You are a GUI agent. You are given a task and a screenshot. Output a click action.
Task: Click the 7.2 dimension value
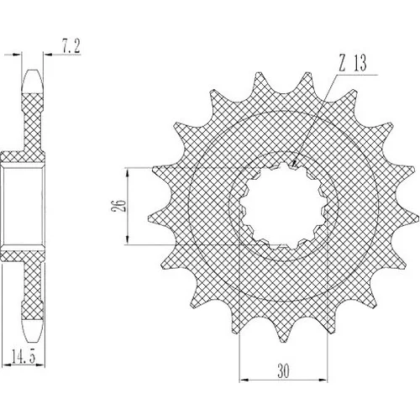(x=71, y=46)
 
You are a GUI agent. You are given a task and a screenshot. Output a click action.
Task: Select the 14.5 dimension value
(x=24, y=356)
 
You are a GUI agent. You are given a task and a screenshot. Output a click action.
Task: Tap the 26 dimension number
(x=118, y=206)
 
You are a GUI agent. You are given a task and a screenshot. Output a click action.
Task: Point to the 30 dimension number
(x=283, y=370)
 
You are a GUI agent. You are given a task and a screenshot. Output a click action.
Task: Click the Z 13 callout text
(x=353, y=63)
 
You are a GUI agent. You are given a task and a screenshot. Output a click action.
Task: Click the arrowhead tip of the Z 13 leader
(x=292, y=167)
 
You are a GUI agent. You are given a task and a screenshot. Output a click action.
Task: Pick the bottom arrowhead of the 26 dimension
(x=128, y=240)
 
